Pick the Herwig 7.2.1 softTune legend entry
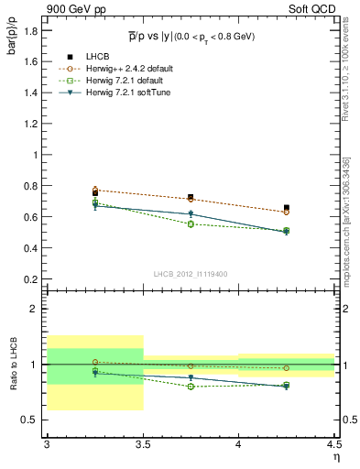coord(122,93)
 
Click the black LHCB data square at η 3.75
coord(191,197)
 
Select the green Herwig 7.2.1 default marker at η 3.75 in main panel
coord(191,224)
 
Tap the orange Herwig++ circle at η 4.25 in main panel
coord(287,213)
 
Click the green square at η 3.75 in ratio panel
coord(191,387)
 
